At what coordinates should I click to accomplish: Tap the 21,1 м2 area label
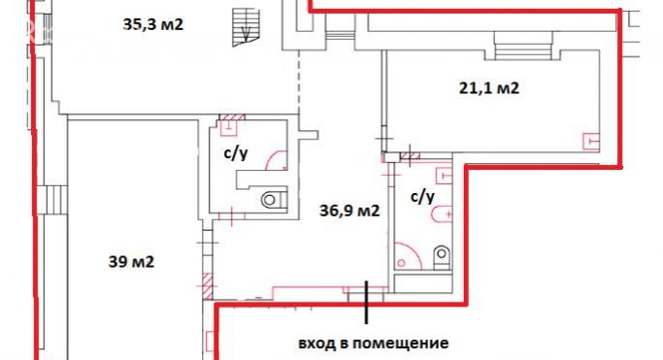click(x=488, y=89)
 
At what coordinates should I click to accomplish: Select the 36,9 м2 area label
click(x=349, y=209)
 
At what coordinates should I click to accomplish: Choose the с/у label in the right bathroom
click(x=422, y=195)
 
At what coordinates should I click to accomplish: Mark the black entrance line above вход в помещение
click(x=367, y=301)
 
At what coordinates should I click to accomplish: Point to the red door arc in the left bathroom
click(x=278, y=159)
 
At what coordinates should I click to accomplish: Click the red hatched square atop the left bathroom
click(x=231, y=123)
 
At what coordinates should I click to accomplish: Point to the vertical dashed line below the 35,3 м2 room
click(x=299, y=87)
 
